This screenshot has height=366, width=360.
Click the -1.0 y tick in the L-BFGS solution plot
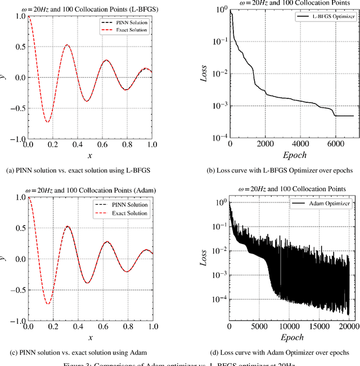[16, 139]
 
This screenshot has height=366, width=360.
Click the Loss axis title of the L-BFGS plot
[205, 74]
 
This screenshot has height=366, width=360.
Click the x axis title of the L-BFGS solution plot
[89, 156]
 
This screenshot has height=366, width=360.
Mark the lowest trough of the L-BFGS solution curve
[48, 121]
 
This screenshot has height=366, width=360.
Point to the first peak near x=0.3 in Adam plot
[67, 227]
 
